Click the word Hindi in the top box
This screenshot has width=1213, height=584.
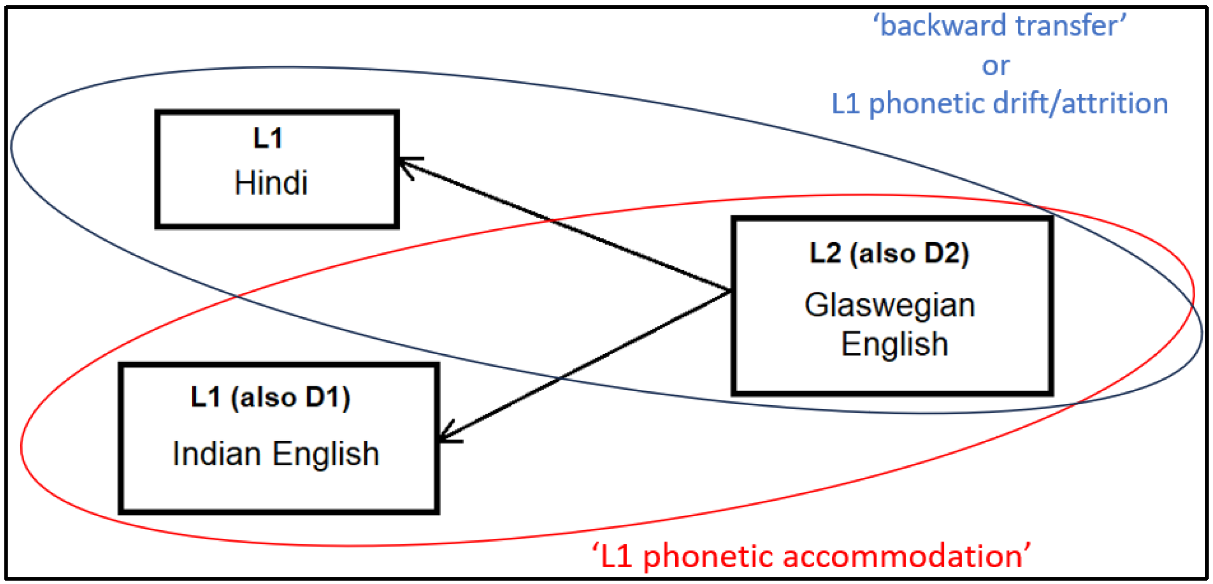click(271, 183)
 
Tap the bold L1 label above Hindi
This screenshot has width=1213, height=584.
click(268, 138)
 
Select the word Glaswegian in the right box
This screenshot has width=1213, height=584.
click(890, 306)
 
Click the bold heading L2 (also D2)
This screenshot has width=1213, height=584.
click(889, 253)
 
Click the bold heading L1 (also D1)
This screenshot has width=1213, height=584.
click(271, 398)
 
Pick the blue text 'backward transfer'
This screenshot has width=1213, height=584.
click(1000, 25)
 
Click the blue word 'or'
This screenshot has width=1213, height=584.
click(996, 65)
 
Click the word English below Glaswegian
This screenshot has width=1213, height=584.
click(894, 345)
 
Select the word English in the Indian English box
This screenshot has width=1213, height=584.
click(326, 454)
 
